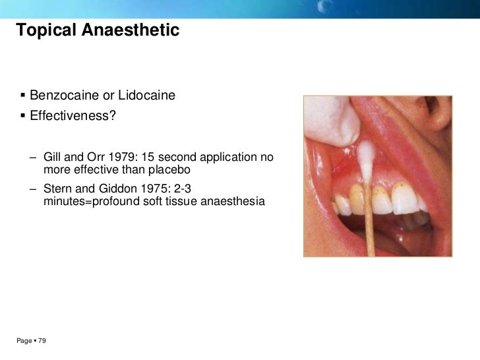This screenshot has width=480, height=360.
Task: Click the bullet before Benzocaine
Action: pos(22,97)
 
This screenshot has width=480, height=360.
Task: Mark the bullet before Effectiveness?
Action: pos(22,116)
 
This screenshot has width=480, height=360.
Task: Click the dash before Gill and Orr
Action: pos(32,158)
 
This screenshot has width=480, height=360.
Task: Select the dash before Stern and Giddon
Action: pos(32,189)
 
